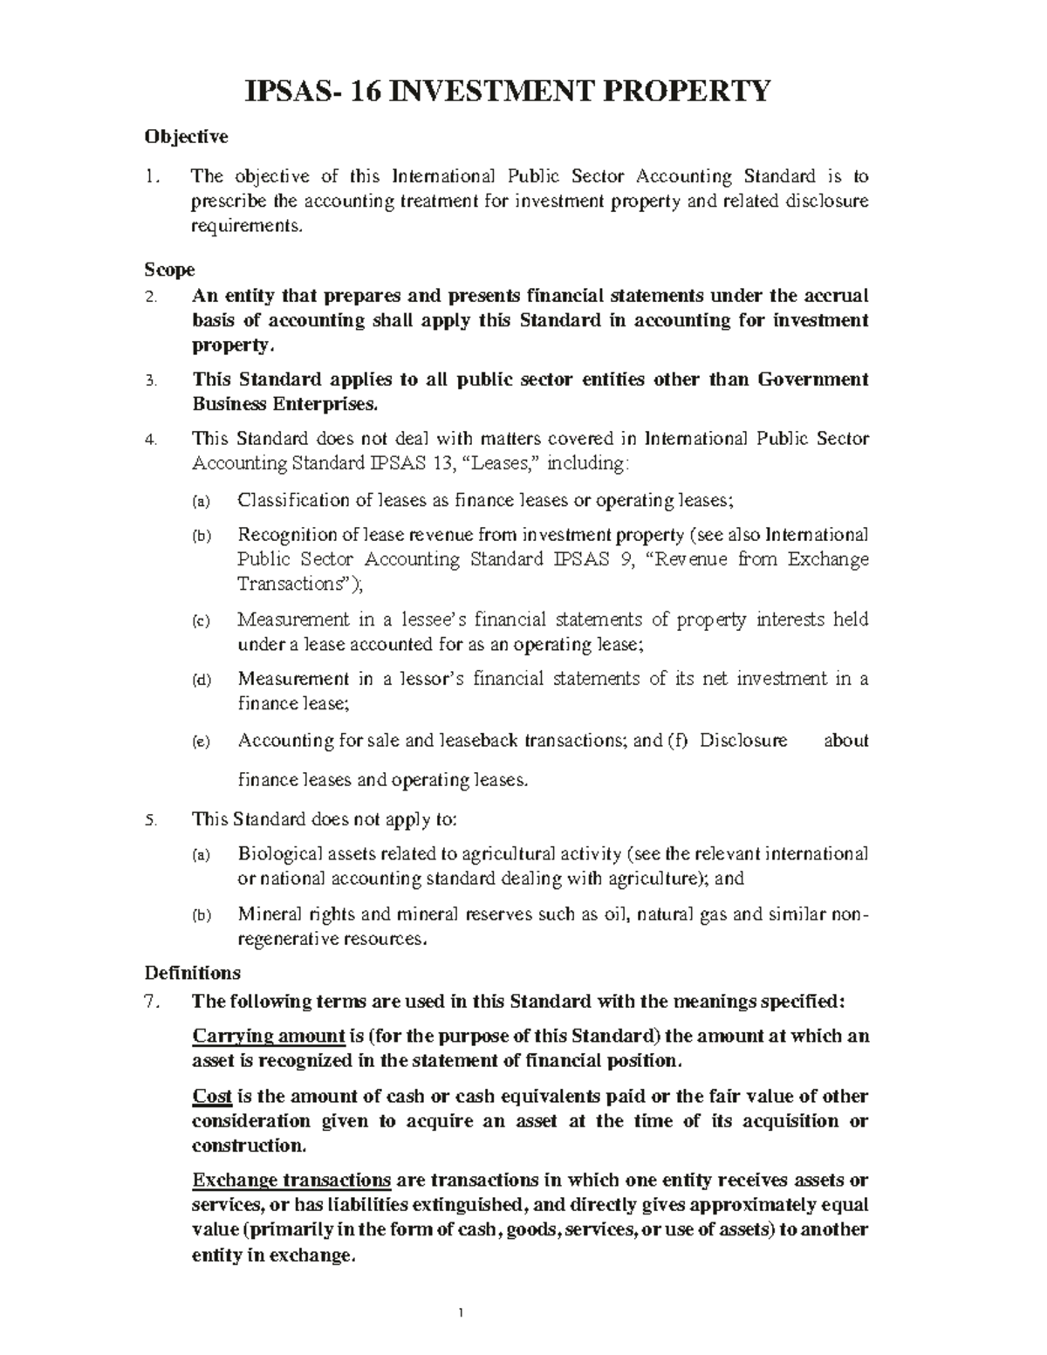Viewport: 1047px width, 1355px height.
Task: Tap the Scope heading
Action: click(x=169, y=270)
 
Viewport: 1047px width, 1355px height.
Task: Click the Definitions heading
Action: click(x=192, y=972)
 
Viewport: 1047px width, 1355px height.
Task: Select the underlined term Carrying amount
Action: click(x=269, y=1037)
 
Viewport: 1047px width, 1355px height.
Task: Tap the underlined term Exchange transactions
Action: click(x=291, y=1180)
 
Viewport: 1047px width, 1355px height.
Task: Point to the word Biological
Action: click(x=278, y=853)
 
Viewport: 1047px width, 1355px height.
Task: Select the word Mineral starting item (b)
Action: click(x=269, y=914)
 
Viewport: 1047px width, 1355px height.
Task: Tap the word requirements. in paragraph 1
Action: click(x=249, y=227)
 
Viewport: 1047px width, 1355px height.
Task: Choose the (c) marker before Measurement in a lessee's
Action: click(x=201, y=621)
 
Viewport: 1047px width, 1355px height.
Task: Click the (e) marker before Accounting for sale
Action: click(x=201, y=742)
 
